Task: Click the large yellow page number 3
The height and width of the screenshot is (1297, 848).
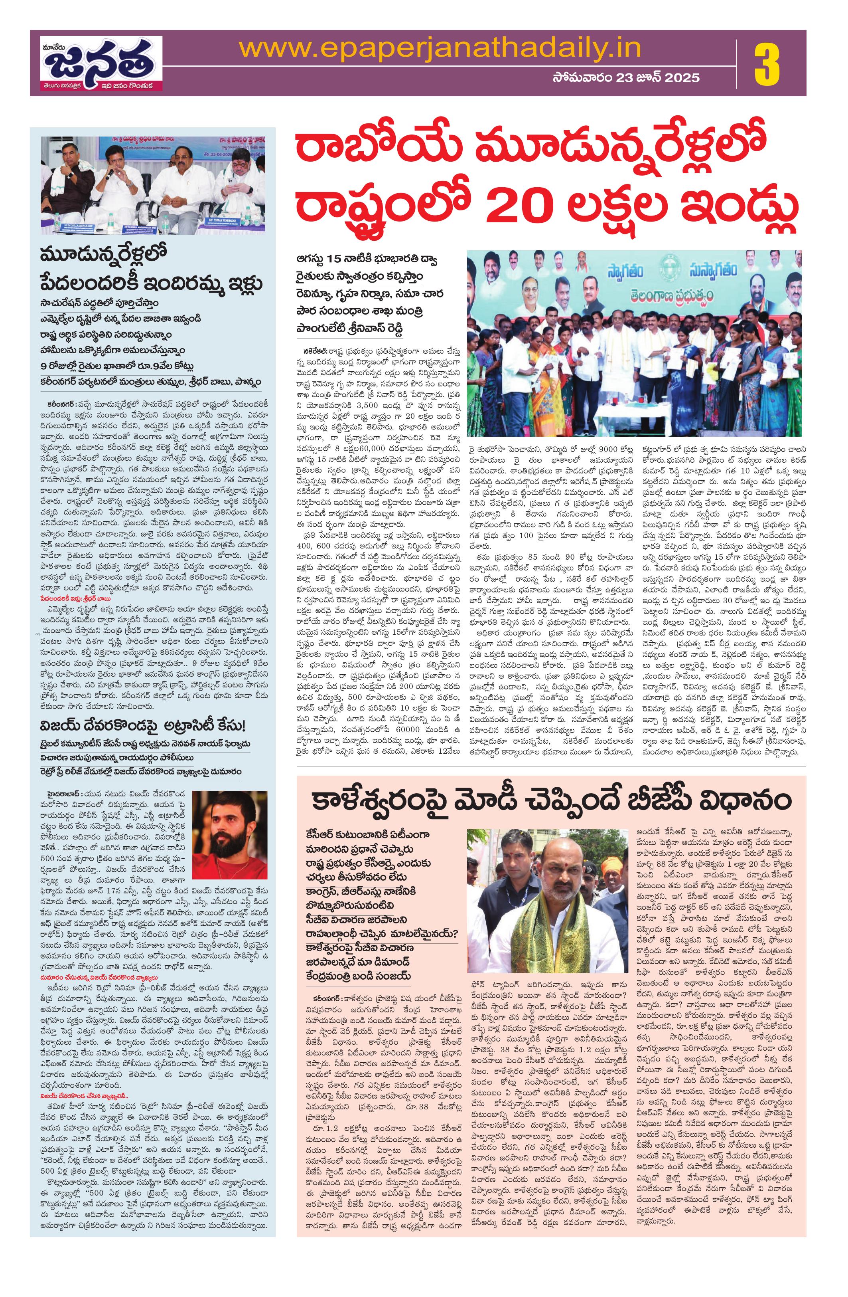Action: (x=767, y=63)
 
